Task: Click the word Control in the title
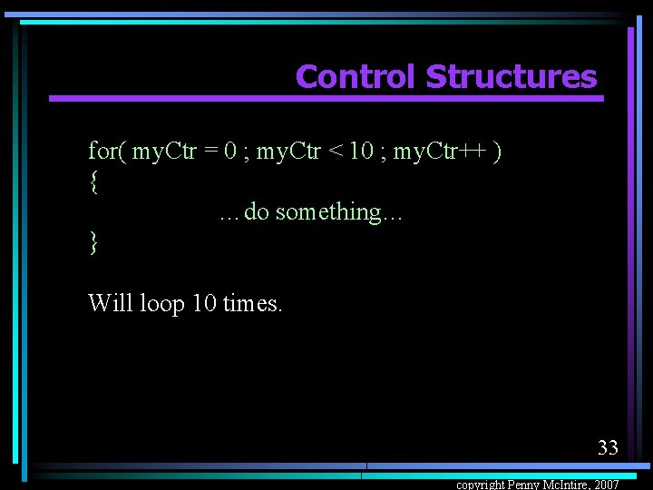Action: click(356, 77)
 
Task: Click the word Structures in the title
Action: click(511, 77)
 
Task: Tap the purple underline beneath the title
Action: click(326, 98)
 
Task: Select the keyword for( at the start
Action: click(107, 151)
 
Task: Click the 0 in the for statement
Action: click(231, 151)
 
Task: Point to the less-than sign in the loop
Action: click(335, 151)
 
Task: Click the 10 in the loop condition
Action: click(361, 151)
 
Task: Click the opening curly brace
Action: click(93, 181)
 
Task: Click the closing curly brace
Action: click(93, 242)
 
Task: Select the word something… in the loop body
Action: click(339, 212)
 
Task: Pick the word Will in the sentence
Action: click(111, 302)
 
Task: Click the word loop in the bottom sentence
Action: click(162, 303)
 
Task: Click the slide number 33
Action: click(608, 446)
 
